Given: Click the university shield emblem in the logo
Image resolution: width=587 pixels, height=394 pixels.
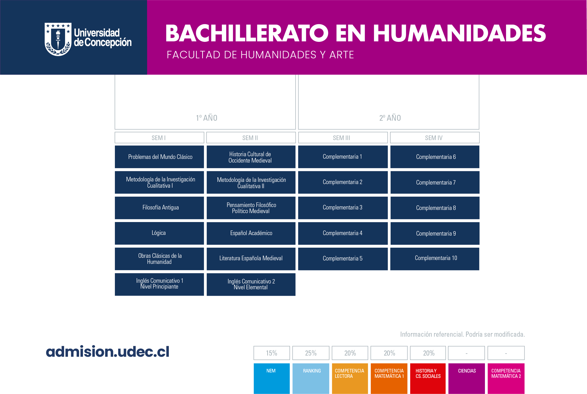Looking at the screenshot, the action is (x=58, y=39).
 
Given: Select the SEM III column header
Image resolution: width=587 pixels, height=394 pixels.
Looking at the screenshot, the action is (x=343, y=138).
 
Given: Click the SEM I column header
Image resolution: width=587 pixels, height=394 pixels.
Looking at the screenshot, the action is (x=159, y=138).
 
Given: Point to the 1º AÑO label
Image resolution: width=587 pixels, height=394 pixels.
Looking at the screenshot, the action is (x=207, y=118).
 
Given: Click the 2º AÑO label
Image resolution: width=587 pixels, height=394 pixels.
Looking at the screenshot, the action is (x=390, y=118).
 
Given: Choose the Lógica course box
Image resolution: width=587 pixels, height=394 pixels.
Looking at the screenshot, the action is (x=159, y=233).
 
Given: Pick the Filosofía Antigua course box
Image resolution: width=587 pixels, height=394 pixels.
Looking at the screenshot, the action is (x=159, y=208).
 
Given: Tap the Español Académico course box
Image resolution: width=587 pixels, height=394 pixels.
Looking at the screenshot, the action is (x=251, y=233).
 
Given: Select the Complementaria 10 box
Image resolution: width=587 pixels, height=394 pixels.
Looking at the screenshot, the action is (x=435, y=259).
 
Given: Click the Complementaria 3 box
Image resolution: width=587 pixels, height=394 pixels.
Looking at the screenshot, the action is (x=343, y=208).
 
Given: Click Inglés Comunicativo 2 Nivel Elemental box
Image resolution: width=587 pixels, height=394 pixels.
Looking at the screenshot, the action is (x=251, y=284).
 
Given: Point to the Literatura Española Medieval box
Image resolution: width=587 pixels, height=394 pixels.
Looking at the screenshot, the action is (x=251, y=259).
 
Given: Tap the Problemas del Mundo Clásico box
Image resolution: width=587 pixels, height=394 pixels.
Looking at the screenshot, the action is (x=159, y=157).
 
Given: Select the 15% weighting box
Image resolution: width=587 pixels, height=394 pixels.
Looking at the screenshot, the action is (x=272, y=353).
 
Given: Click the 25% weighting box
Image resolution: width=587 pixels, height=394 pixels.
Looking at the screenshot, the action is (x=311, y=353).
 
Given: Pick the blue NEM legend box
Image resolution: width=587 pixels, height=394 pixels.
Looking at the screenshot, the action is (x=272, y=379).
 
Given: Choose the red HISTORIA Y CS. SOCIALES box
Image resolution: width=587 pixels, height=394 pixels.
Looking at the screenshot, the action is (x=428, y=379).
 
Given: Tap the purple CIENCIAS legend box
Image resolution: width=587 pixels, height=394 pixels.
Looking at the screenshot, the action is (x=467, y=379).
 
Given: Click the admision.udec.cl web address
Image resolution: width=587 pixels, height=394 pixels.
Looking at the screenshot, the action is (x=108, y=351).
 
